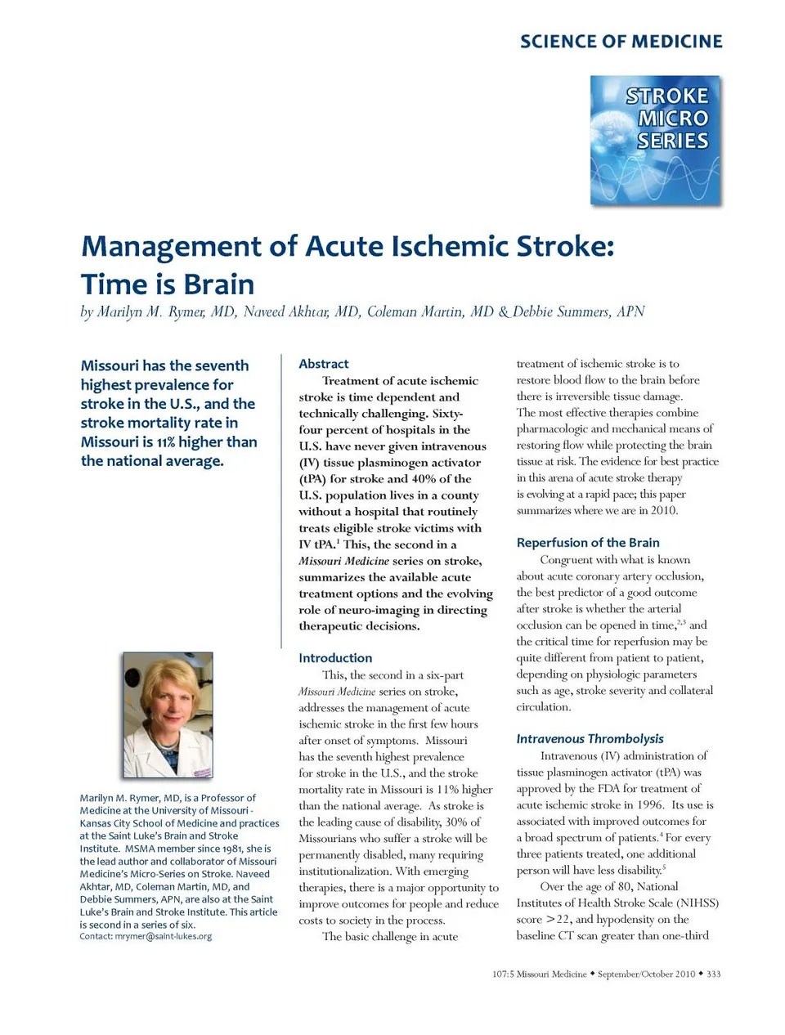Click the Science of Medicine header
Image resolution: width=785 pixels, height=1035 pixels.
coord(621,42)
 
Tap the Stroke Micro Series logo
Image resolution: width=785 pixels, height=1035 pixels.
coord(655,140)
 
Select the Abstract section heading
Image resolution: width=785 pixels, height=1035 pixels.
coord(324,364)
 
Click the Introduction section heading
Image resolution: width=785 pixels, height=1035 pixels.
coord(335,658)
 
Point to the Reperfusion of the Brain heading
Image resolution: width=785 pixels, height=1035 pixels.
coord(587,543)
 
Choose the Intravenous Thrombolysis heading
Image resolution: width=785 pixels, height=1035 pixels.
coord(590,739)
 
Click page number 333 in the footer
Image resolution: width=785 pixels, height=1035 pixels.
coord(713,974)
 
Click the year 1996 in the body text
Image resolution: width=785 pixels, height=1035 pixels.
coord(650,805)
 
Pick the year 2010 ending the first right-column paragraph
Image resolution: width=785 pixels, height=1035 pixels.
coord(664,511)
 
